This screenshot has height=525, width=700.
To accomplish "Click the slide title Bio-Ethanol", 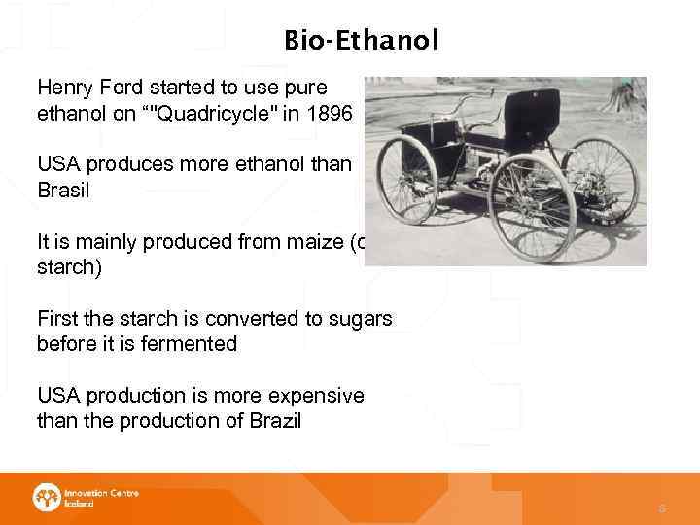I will tap(361, 40).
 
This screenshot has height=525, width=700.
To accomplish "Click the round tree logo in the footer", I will tap(46, 498).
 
